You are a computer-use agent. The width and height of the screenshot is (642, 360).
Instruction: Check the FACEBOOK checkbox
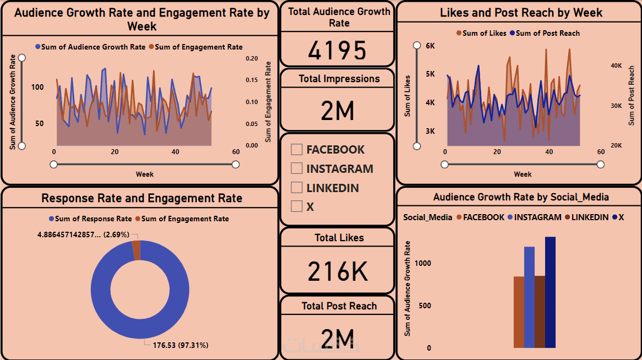pyautogui.click(x=297, y=149)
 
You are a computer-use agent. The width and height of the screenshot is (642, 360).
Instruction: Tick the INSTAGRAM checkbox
pyautogui.click(x=297, y=168)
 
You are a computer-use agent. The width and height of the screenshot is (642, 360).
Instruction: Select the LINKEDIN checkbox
pyautogui.click(x=297, y=188)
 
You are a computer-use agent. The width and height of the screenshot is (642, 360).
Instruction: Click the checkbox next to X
pyautogui.click(x=297, y=206)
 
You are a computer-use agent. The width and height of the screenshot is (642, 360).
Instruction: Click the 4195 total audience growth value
pyautogui.click(x=337, y=51)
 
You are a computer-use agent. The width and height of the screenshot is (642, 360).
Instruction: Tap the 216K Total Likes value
pyautogui.click(x=337, y=271)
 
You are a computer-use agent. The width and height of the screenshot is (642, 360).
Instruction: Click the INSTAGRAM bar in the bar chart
pyautogui.click(x=529, y=297)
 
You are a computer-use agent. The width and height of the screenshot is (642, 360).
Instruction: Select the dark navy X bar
pyautogui.click(x=550, y=292)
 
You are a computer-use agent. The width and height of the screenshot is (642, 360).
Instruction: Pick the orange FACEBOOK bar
pyautogui.click(x=519, y=312)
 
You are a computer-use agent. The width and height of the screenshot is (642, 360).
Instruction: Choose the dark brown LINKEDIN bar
pyautogui.click(x=540, y=312)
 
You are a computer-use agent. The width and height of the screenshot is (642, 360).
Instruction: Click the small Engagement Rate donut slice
pyautogui.click(x=136, y=250)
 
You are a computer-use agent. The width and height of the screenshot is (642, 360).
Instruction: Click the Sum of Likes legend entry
pyautogui.click(x=481, y=33)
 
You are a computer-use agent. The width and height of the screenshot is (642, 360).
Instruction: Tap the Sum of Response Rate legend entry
pyautogui.click(x=90, y=219)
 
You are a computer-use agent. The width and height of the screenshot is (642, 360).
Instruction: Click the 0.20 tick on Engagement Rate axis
pyautogui.click(x=252, y=58)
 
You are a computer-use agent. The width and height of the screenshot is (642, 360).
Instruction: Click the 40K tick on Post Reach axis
pyautogui.click(x=616, y=66)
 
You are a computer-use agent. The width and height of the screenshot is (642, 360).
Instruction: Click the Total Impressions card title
pyautogui.click(x=339, y=79)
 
